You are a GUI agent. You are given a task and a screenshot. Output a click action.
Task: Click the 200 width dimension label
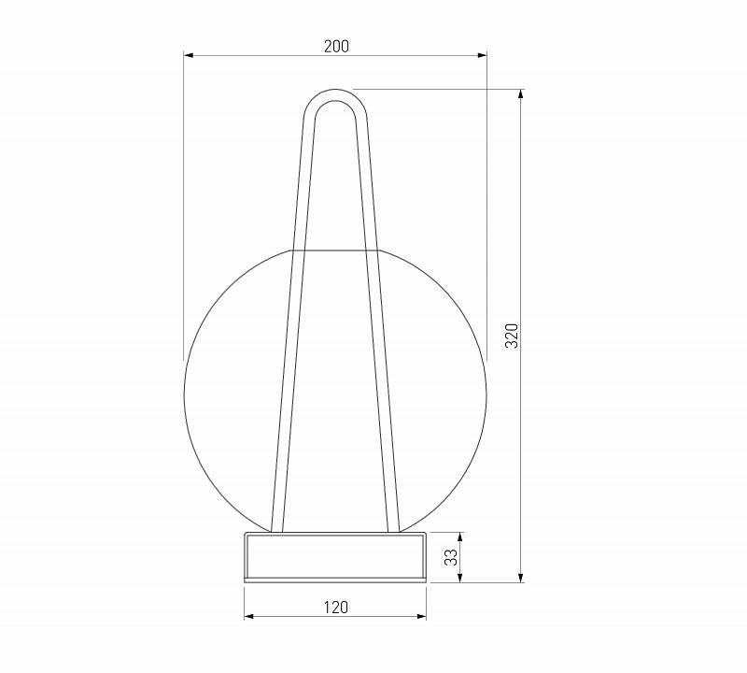[336, 46]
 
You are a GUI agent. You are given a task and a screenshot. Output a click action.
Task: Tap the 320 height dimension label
[511, 336]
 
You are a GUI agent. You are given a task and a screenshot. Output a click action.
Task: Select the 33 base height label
[451, 557]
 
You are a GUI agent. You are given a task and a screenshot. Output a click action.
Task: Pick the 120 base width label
[336, 608]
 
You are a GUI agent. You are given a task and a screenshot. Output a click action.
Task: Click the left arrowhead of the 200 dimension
[189, 55]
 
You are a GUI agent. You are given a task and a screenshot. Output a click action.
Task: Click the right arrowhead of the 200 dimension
[482, 55]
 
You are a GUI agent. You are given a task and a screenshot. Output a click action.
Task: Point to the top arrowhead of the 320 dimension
[521, 94]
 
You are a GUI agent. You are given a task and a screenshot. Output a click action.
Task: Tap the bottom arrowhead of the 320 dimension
[521, 578]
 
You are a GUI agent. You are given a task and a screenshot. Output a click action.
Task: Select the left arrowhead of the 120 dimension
[248, 616]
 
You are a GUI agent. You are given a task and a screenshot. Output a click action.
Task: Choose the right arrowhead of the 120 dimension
[421, 616]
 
